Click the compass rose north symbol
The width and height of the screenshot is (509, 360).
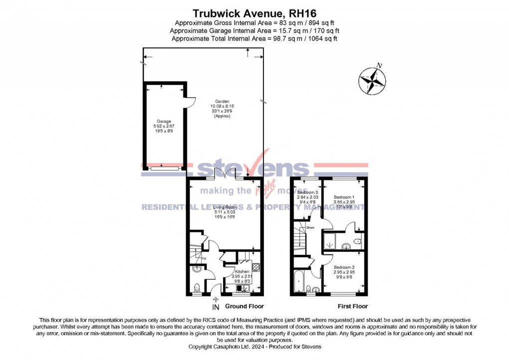pyautogui.click(x=372, y=80)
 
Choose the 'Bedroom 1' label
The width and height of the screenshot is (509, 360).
pyautogui.click(x=344, y=197)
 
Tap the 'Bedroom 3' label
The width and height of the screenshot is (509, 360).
pyautogui.click(x=307, y=192)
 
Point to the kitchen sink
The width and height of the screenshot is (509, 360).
pyautogui.click(x=242, y=288)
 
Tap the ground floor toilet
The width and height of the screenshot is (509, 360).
pyautogui.click(x=198, y=287)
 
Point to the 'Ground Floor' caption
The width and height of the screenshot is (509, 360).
pyautogui.click(x=245, y=306)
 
